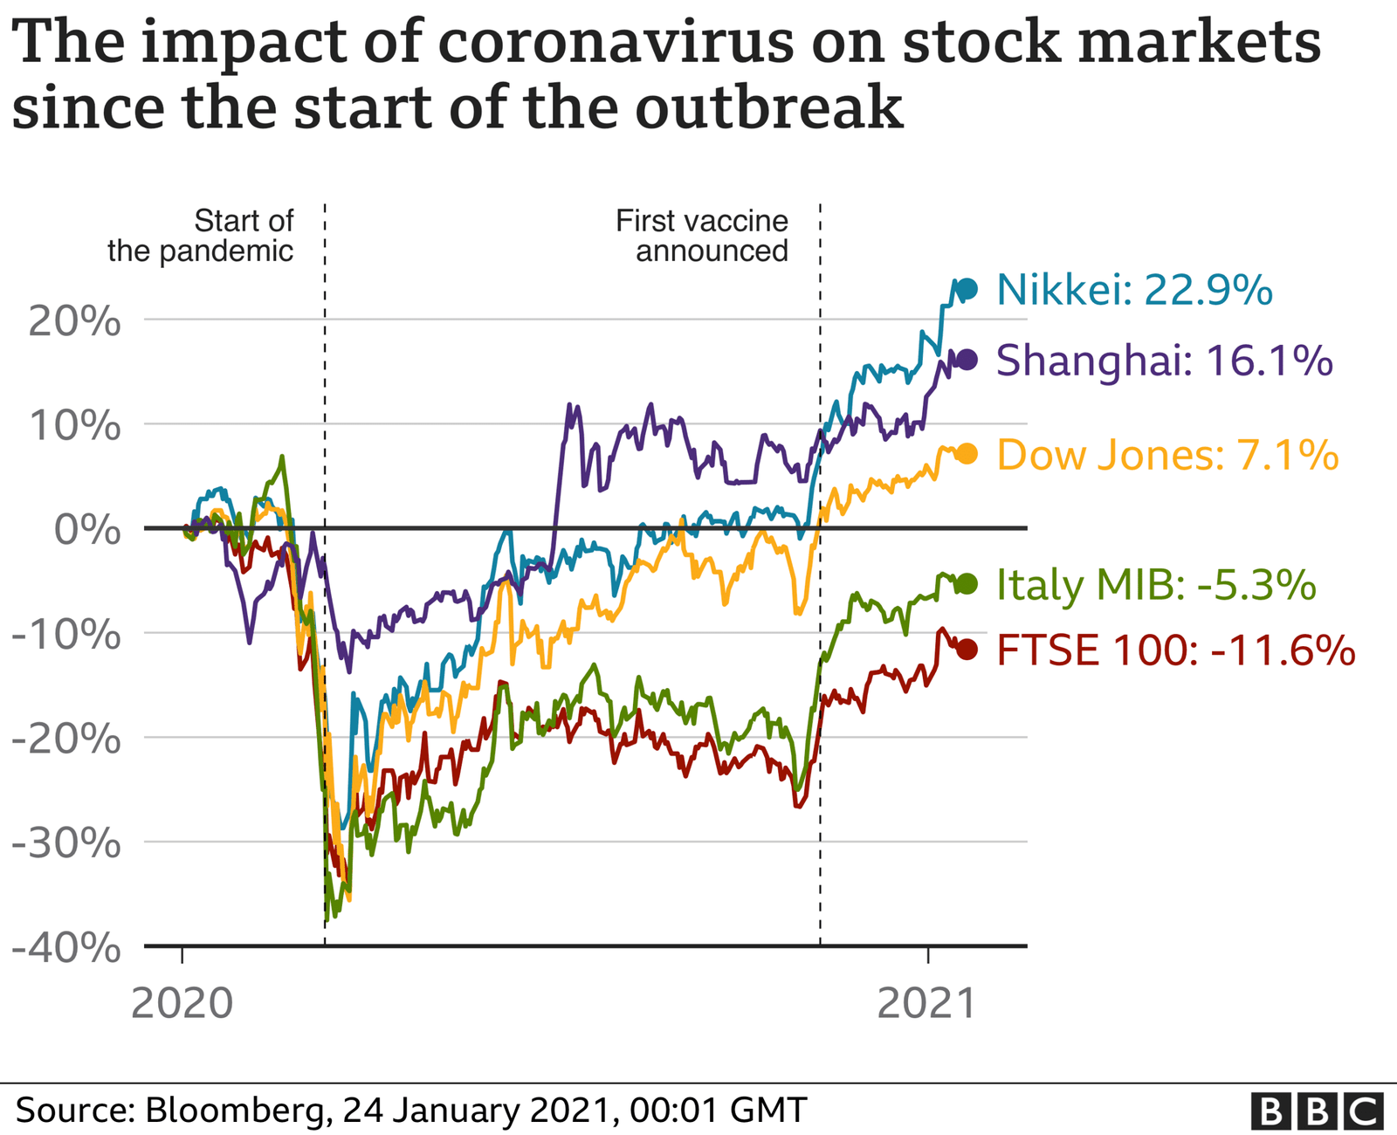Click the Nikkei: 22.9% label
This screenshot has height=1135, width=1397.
pos(1133,290)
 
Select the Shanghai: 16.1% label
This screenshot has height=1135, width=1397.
pos(1164,360)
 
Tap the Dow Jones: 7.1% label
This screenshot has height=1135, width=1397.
pos(1166,455)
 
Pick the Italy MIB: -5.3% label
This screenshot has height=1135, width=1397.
pos(1155,584)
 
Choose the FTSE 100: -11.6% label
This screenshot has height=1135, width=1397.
pos(1175,650)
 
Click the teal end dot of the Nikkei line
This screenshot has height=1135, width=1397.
pos(967,289)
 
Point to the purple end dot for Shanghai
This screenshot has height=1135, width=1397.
pos(967,359)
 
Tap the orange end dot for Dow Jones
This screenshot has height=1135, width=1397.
pos(967,454)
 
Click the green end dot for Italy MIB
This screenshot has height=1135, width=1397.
pos(967,584)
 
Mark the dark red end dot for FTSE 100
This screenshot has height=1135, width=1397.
pos(967,650)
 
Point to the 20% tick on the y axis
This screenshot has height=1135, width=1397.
pos(75,322)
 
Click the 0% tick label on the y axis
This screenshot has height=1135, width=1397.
pos(87,530)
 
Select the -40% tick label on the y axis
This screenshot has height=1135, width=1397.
pos(65,948)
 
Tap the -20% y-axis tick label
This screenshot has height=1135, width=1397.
pos(65,739)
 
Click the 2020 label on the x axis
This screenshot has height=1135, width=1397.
pos(182,1004)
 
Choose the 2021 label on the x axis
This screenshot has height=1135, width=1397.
pos(926,1004)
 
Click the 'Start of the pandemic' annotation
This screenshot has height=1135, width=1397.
pos(201,236)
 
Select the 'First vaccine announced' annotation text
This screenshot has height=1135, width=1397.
pos(702,236)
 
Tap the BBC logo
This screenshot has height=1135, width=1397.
pos(1317,1111)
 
